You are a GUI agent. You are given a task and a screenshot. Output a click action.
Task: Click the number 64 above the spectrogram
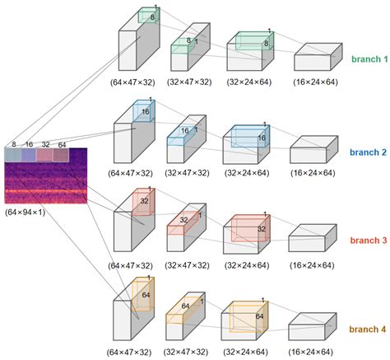pos(62,144)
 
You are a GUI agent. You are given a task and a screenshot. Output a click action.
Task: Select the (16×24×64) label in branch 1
pos(312,82)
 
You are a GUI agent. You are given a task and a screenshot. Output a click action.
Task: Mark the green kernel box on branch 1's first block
pos(148,16)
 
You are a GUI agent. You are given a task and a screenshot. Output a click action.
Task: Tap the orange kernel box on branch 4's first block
pos(141,293)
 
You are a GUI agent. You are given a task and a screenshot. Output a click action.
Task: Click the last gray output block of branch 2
pos(310,149)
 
